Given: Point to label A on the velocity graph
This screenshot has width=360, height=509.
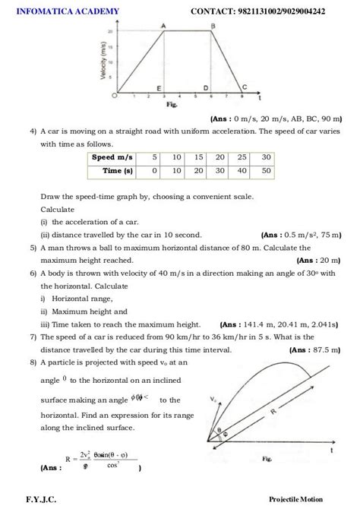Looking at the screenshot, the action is coord(164,26).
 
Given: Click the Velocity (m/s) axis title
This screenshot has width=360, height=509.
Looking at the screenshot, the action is coord(100,57).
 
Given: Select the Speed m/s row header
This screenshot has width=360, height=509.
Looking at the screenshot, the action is coord(112,157).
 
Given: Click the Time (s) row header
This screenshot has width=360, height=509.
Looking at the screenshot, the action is coord(118,171).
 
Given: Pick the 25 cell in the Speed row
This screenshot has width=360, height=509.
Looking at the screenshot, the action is coord(244,157).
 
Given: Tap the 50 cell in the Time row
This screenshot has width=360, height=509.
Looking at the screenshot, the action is coord(266,171).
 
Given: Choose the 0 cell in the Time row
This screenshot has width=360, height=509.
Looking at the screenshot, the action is coord(154,171).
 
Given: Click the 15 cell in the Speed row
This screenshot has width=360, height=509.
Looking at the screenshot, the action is coord(198,157).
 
